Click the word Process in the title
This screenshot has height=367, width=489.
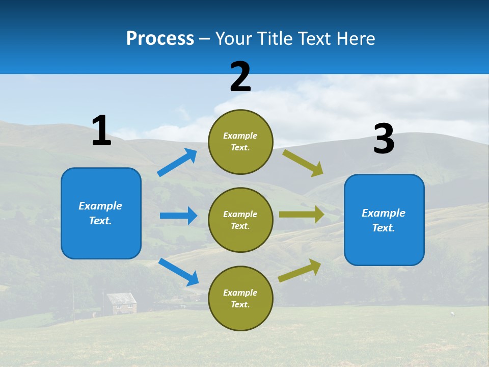click(160, 39)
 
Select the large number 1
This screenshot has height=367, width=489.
click(101, 131)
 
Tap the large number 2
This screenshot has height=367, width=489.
click(240, 77)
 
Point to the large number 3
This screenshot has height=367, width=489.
click(384, 140)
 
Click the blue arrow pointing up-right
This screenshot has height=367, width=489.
click(177, 163)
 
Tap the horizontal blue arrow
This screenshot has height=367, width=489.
click(178, 216)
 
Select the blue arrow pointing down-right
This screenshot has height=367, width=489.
click(178, 271)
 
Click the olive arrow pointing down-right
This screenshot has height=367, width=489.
click(303, 163)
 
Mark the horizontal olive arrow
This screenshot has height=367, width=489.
click(302, 215)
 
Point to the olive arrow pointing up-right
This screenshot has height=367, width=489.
click(300, 270)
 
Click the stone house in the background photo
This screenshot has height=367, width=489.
click(121, 303)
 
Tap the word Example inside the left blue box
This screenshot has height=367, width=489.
click(100, 206)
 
